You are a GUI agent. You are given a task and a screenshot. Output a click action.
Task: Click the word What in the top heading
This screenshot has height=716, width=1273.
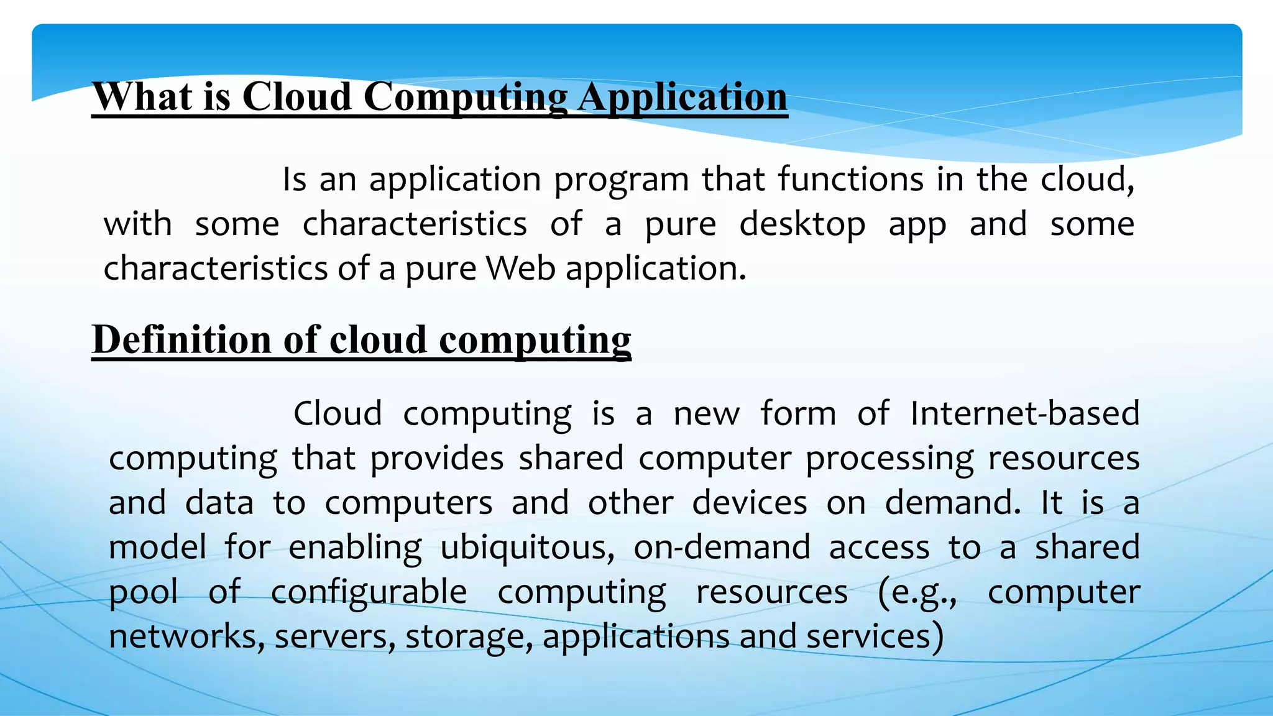[x=142, y=97]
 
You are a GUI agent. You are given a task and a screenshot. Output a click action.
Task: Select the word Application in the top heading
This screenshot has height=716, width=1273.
[x=682, y=98]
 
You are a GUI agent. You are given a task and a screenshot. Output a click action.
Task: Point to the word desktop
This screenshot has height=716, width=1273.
[x=802, y=225]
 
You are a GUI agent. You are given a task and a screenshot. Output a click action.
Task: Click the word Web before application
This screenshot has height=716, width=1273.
[x=520, y=269]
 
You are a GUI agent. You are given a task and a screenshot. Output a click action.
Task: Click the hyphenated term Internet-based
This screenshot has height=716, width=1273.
[x=1025, y=414]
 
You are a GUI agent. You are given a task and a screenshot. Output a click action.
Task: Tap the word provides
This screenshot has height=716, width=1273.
[x=437, y=459]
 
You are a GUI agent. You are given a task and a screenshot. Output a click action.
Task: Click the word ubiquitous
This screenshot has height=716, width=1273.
[x=527, y=548]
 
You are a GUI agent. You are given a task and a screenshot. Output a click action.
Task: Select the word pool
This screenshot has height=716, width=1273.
[x=143, y=593]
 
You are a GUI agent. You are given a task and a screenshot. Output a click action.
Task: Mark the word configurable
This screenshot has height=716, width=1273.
[x=369, y=593]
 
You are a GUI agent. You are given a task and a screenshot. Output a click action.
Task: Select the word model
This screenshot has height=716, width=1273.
[x=157, y=548]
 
